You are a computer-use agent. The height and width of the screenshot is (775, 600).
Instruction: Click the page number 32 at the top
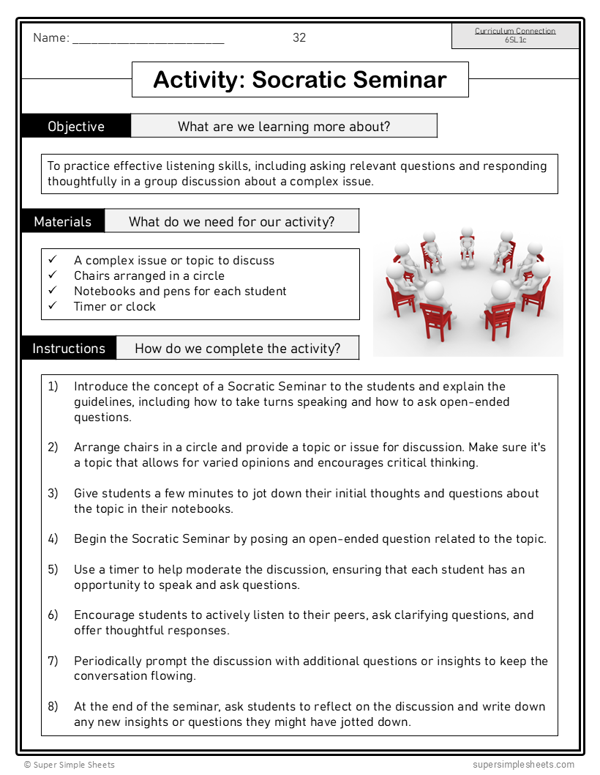pyautogui.click(x=299, y=38)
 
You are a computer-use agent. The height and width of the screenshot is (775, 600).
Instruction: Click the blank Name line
pyautogui.click(x=148, y=41)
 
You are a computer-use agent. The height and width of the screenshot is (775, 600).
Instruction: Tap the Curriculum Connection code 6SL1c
pyautogui.click(x=515, y=40)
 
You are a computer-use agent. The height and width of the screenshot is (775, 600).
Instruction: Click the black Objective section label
pyautogui.click(x=76, y=126)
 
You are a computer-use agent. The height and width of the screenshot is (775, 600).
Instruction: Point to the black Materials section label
pyautogui.click(x=63, y=221)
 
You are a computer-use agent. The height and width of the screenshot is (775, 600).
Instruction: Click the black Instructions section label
pyautogui.click(x=69, y=349)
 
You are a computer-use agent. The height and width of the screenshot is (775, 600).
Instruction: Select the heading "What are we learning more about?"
pyautogui.click(x=284, y=126)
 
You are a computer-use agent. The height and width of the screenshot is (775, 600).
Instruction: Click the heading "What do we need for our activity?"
pyautogui.click(x=232, y=221)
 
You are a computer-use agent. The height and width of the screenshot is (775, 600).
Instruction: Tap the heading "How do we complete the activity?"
pyautogui.click(x=238, y=349)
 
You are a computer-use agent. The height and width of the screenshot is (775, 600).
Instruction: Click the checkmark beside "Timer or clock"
pyautogui.click(x=53, y=306)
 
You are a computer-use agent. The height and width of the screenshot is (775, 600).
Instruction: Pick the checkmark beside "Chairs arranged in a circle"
pyautogui.click(x=53, y=275)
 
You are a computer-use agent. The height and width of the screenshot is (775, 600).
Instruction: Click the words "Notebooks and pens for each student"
pyautogui.click(x=180, y=291)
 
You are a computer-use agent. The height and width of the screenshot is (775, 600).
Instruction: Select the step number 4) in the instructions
pyautogui.click(x=53, y=538)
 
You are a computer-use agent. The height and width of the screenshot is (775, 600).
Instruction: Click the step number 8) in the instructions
pyautogui.click(x=53, y=706)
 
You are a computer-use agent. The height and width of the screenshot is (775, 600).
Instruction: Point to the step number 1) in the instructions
pyautogui.click(x=53, y=386)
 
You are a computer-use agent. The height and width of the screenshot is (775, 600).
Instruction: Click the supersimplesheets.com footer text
pyautogui.click(x=523, y=765)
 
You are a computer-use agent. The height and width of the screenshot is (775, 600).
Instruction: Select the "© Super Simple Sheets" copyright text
pyautogui.click(x=69, y=765)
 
